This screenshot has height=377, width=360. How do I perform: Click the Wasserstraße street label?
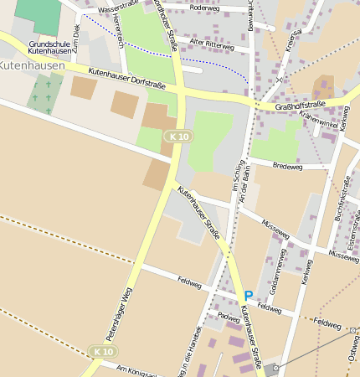(x=117, y=8)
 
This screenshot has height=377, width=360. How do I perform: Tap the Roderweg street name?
(x=204, y=8)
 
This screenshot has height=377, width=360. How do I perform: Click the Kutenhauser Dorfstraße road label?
(x=126, y=80)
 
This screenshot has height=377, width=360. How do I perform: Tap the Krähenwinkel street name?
(x=318, y=121)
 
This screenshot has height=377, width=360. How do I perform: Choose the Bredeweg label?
(x=287, y=167)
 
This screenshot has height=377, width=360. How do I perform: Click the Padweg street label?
(x=228, y=318)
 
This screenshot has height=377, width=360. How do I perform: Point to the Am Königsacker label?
(x=137, y=370)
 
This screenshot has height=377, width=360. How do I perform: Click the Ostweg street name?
(x=353, y=356)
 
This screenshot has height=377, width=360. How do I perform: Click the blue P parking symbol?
(x=248, y=296)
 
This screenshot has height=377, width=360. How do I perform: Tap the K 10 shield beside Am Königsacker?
(x=102, y=352)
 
